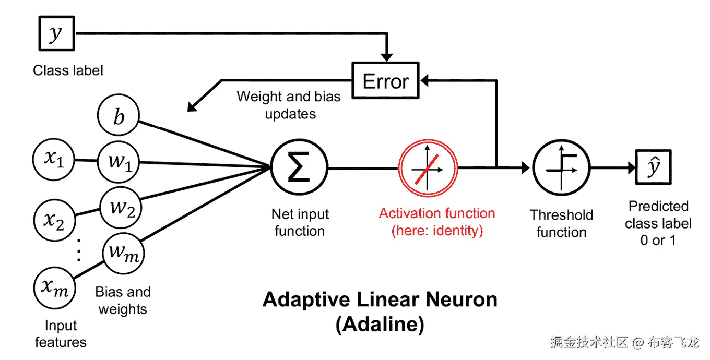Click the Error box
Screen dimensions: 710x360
[x=385, y=80]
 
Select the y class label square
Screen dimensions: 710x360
[x=57, y=33]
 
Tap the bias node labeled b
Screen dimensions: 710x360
[x=118, y=115]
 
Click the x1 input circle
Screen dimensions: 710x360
[x=54, y=160]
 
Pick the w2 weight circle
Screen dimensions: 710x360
[x=121, y=208]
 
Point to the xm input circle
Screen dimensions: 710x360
[x=54, y=288]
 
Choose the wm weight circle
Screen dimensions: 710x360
[x=123, y=253]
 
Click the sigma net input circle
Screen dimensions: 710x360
[x=299, y=167]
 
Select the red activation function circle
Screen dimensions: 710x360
[x=428, y=168]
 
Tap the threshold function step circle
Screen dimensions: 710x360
[x=561, y=168]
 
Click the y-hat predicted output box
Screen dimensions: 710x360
[x=653, y=167]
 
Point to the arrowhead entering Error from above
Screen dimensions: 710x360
[x=387, y=57]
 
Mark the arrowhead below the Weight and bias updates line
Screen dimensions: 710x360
[x=192, y=107]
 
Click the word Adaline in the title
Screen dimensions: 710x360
[x=380, y=324]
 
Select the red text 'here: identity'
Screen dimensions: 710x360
[x=437, y=231]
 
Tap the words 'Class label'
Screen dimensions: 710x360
[x=68, y=70]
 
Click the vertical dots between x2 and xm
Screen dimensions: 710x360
[x=79, y=250]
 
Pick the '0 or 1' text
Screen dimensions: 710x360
[x=658, y=240]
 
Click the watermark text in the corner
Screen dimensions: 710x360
[x=624, y=342]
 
